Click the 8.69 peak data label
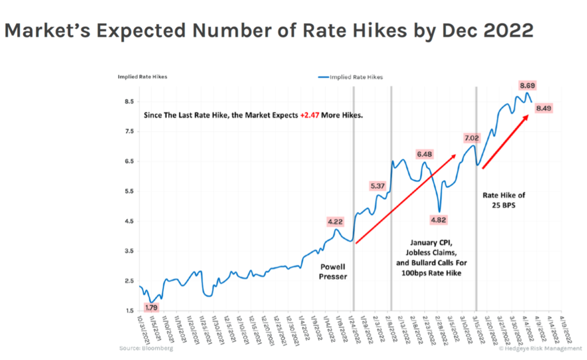(x=527, y=86)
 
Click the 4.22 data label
(x=335, y=222)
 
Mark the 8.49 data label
(x=544, y=109)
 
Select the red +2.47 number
(x=308, y=116)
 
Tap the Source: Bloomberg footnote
(x=146, y=348)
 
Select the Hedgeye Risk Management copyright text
(x=532, y=348)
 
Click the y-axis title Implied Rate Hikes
(x=142, y=77)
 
